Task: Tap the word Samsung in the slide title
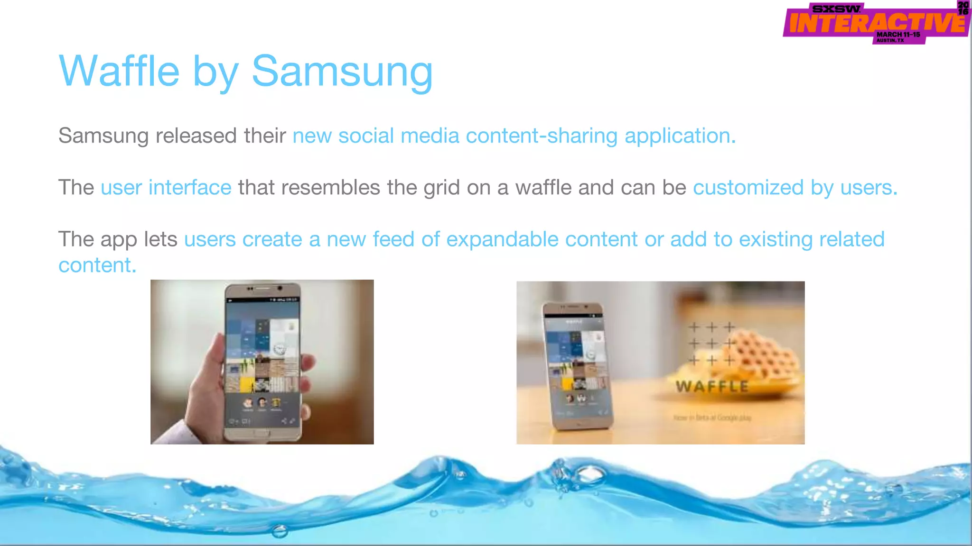(342, 72)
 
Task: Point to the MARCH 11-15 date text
(898, 35)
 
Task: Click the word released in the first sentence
(196, 136)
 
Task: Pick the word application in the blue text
(680, 136)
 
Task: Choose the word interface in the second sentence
(190, 188)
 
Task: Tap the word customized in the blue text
(748, 188)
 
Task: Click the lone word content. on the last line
(97, 265)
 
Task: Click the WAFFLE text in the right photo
(712, 387)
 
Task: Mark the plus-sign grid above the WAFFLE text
(711, 344)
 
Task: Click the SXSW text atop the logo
(836, 9)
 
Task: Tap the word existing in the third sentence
(776, 240)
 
